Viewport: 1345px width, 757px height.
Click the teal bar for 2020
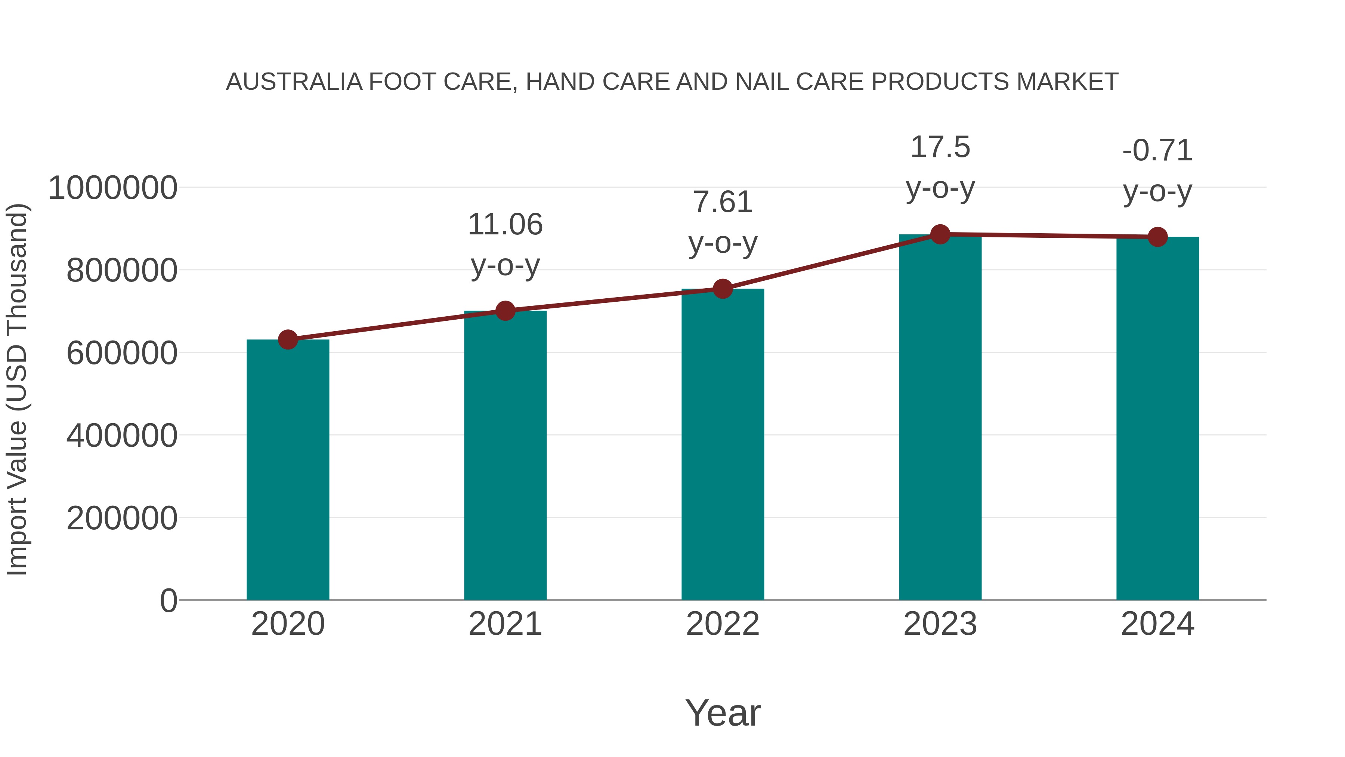288,470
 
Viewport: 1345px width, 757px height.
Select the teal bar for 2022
723,444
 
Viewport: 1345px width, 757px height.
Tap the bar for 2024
1157,418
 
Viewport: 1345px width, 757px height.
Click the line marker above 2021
505,311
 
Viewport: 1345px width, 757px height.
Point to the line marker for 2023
940,234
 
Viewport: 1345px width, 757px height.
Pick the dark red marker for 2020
288,339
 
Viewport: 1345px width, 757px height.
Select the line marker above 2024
1157,237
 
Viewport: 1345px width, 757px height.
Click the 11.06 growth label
505,225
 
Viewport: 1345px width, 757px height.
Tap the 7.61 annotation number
723,202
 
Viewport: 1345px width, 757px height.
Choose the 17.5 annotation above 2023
940,147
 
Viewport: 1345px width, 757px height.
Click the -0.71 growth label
1157,151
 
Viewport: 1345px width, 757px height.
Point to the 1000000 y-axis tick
112,188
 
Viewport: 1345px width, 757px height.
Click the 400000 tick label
122,436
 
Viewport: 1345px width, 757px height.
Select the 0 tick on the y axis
168,601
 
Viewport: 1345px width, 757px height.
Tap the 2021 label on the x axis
505,624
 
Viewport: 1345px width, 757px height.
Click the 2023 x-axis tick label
940,624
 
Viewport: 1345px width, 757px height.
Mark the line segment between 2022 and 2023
831,262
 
